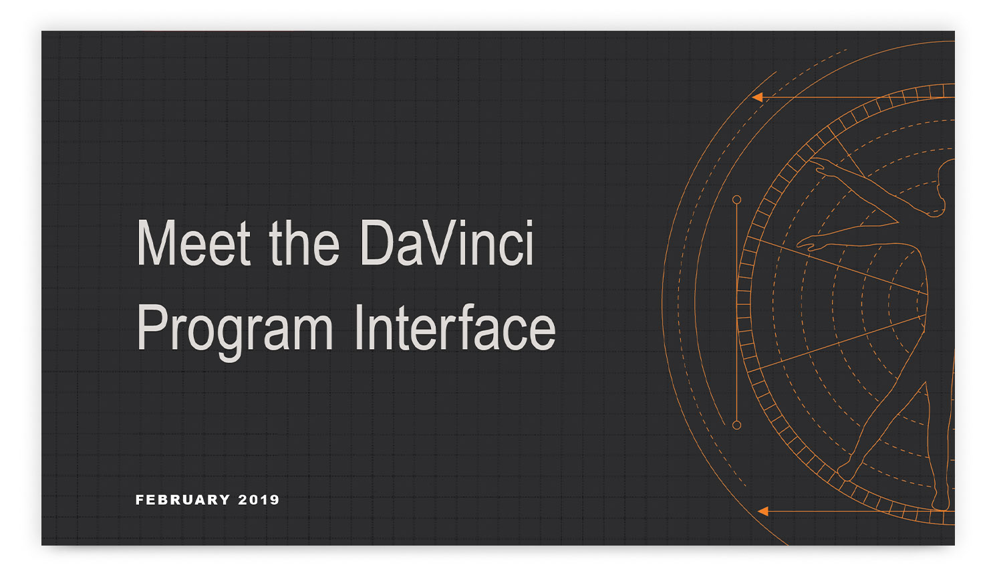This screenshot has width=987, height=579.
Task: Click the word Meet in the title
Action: point(194,243)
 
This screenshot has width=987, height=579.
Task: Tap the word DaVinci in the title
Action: point(447,243)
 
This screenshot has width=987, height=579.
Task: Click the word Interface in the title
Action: point(455,327)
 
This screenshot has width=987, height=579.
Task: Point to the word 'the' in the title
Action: point(305,243)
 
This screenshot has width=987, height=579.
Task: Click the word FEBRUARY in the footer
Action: point(183,499)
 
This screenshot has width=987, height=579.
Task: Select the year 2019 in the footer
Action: point(259,499)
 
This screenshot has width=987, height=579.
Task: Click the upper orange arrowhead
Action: point(757,97)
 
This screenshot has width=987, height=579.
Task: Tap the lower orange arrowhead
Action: point(762,511)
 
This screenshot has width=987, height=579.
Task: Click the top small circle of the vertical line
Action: point(736,200)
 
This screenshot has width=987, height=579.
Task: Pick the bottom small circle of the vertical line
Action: point(736,425)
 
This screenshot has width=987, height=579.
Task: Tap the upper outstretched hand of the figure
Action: point(821,166)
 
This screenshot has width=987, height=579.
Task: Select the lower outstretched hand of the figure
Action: point(809,243)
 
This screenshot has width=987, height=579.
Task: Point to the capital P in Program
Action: point(152,327)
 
